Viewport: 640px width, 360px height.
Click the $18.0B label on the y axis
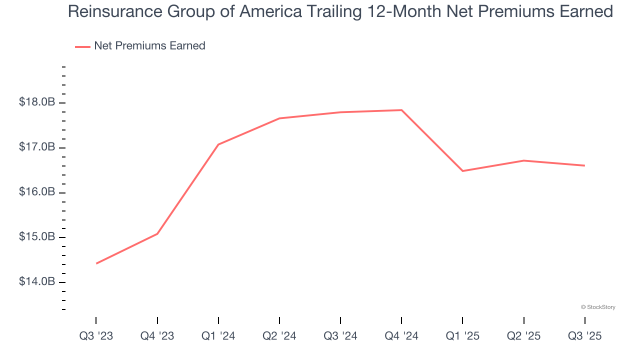[37, 102]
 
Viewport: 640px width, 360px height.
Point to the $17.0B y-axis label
[37, 147]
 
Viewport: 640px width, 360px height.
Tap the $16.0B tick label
[37, 192]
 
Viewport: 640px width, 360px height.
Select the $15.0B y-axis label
[37, 237]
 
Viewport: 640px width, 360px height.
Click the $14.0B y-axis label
[37, 282]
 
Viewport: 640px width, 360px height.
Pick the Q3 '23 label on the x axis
[96, 336]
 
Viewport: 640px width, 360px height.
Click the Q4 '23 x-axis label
[157, 336]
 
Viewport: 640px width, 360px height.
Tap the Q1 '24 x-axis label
[218, 336]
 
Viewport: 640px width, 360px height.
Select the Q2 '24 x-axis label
[279, 336]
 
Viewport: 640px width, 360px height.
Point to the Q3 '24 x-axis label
[340, 336]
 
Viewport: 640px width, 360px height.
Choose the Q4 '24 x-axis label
[401, 336]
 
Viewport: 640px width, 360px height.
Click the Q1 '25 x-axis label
[462, 336]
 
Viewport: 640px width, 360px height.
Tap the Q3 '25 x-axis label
[584, 336]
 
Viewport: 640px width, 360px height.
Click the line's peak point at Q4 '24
[401, 110]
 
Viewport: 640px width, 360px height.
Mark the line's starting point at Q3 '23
[96, 263]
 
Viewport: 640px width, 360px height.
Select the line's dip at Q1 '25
[462, 171]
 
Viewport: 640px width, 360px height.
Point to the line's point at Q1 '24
[218, 144]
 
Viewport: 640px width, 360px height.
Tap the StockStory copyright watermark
[598, 307]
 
